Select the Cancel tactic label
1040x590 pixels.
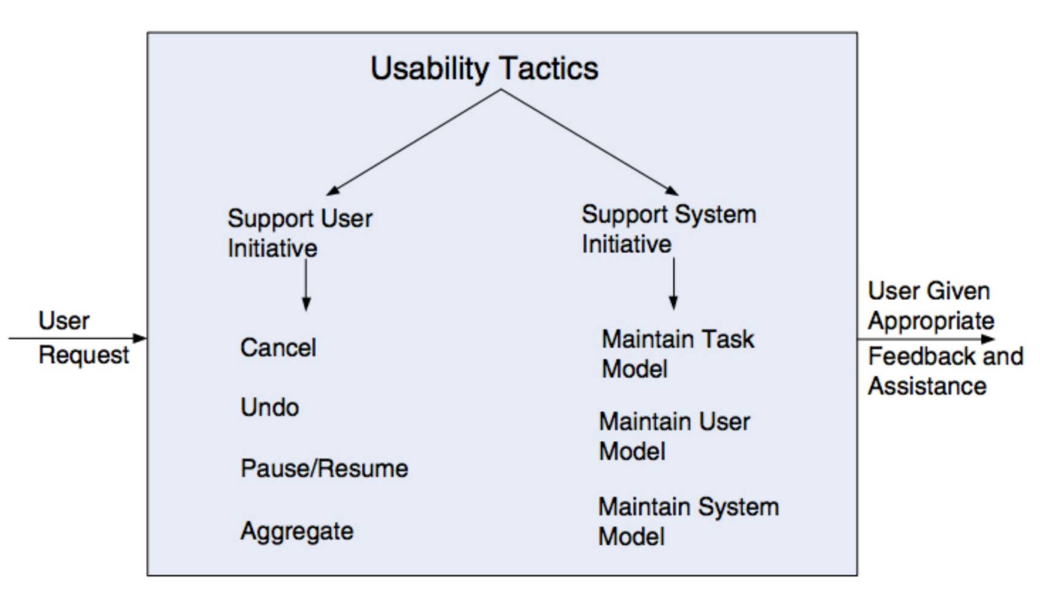[x=278, y=348]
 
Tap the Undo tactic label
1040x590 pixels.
[x=270, y=407]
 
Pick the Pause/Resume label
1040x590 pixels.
[x=324, y=468]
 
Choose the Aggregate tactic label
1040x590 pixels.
[x=297, y=531]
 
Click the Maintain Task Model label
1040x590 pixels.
[x=678, y=354]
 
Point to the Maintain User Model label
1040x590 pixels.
[x=675, y=436]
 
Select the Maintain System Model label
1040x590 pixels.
[x=688, y=522]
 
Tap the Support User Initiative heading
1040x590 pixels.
[x=300, y=233]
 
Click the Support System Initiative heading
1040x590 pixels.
[x=669, y=229]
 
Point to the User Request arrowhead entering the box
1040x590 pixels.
[x=139, y=338]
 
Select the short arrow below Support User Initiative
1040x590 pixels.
[x=306, y=285]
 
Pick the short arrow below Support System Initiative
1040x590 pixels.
[x=673, y=283]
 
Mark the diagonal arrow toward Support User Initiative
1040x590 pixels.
[x=413, y=142]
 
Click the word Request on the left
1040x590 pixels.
[x=84, y=355]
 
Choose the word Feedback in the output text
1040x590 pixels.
[x=922, y=356]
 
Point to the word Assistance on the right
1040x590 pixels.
[x=927, y=386]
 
